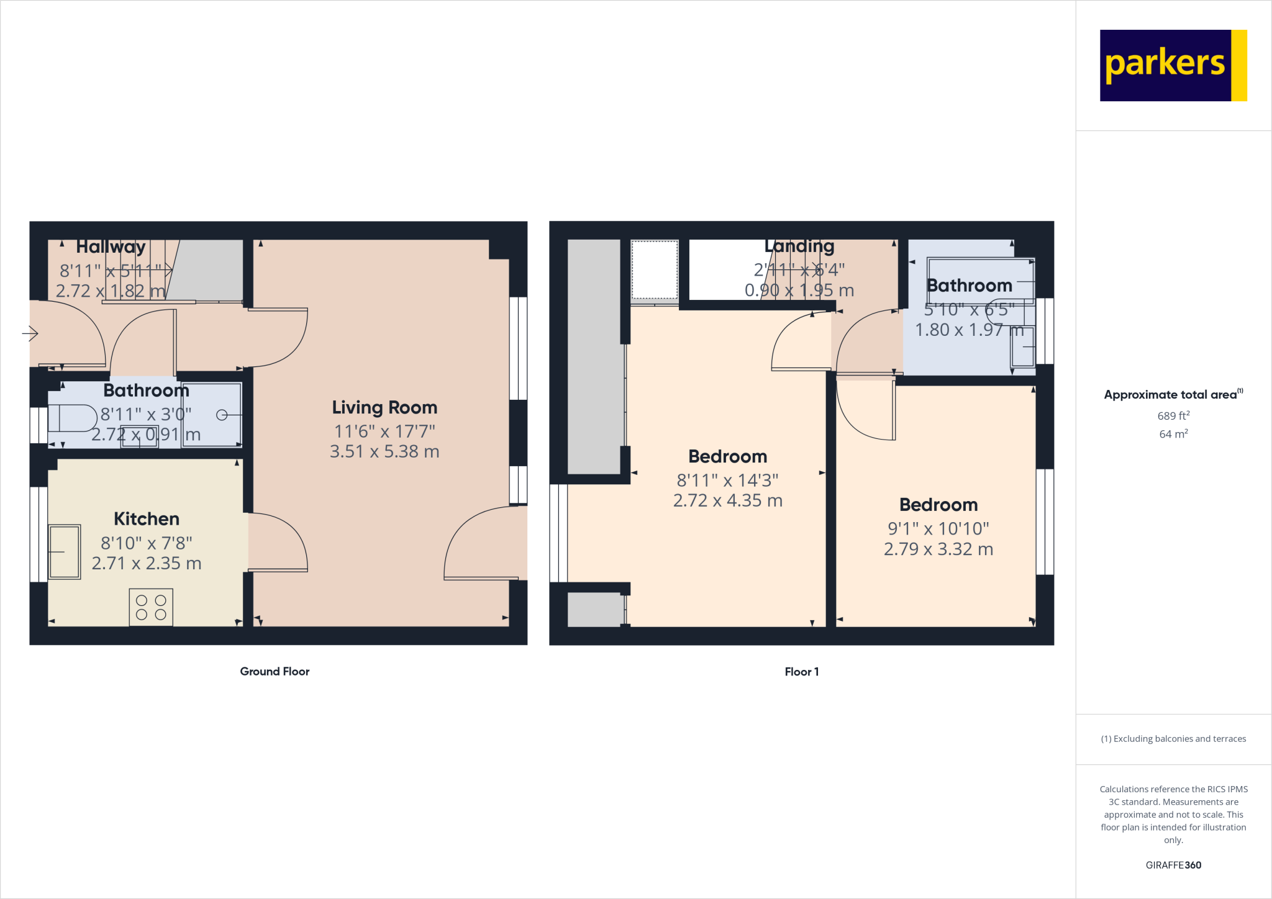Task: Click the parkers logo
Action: [1173, 65]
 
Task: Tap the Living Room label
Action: [384, 407]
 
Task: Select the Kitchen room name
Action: [147, 518]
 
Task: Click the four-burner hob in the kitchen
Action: [151, 607]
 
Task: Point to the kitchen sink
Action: [65, 551]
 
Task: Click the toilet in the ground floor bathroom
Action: [72, 418]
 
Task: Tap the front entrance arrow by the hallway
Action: [30, 333]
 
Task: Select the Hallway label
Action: [111, 246]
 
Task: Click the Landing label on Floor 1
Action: [799, 246]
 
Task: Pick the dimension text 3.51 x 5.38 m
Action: [384, 451]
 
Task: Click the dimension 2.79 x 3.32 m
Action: [938, 549]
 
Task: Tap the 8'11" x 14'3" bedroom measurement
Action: [727, 480]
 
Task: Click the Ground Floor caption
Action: [275, 671]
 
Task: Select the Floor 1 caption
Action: [801, 672]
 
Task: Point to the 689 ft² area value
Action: [1173, 416]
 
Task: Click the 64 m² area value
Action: [1173, 434]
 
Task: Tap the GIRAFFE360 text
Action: [1173, 865]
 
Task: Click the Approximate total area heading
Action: [1173, 394]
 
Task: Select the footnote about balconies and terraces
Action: [1173, 739]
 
